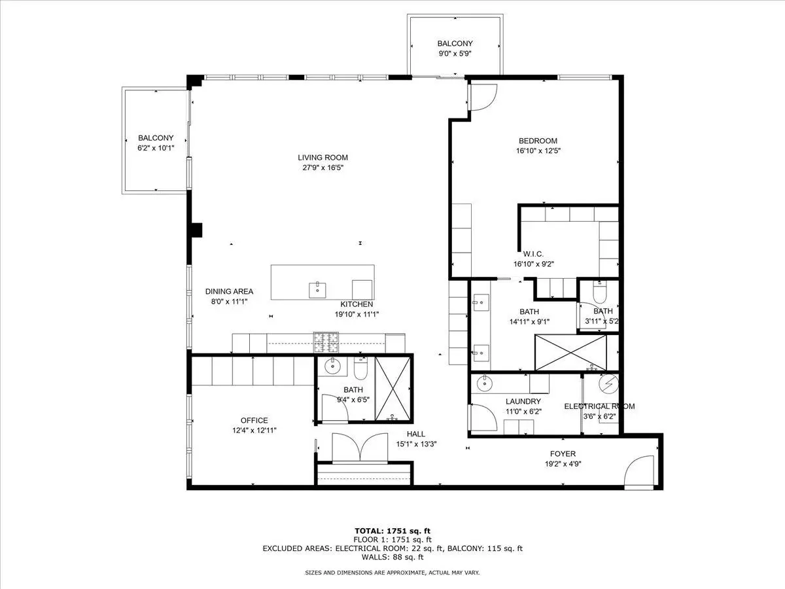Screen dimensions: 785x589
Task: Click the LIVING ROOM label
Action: click(323, 158)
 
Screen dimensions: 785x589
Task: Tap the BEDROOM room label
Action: click(538, 141)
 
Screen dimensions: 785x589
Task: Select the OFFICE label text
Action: click(254, 420)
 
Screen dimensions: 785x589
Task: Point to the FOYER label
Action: click(563, 454)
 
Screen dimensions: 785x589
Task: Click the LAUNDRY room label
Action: click(523, 401)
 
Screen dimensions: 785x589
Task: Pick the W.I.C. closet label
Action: click(533, 255)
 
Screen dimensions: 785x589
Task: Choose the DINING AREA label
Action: click(229, 291)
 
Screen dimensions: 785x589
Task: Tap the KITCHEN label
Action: click(357, 304)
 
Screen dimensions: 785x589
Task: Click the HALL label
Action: click(416, 434)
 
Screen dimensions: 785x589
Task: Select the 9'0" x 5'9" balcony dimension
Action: click(455, 54)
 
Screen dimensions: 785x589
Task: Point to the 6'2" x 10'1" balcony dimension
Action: click(156, 148)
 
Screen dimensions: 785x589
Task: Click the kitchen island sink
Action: click(317, 290)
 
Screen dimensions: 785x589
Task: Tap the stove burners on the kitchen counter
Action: click(326, 342)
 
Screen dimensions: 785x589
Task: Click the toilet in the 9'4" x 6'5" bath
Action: click(360, 368)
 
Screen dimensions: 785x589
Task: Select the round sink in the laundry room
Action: click(485, 384)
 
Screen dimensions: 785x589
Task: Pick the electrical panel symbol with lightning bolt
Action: click(608, 384)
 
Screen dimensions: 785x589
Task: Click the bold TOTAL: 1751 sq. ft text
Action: click(392, 531)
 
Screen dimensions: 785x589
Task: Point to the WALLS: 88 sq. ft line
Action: click(392, 557)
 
